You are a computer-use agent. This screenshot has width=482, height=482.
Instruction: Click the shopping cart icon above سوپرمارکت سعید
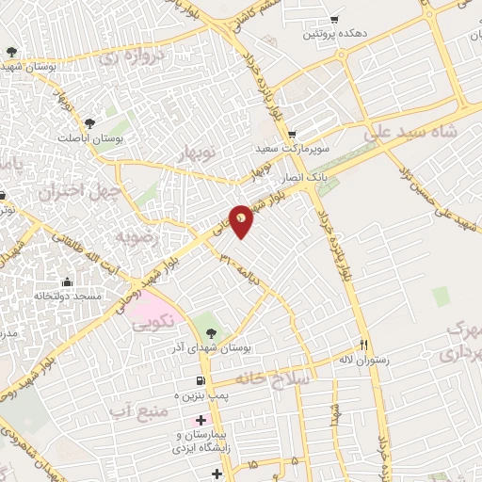pyautogui.click(x=292, y=135)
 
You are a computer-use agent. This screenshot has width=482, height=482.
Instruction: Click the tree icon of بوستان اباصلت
pyautogui.click(x=90, y=123)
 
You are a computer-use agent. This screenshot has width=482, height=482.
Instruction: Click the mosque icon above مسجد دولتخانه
pyautogui.click(x=67, y=281)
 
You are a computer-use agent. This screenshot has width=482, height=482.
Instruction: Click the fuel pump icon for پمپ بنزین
pyautogui.click(x=199, y=381)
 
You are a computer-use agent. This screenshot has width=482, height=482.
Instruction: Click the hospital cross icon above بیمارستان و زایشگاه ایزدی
pyautogui.click(x=199, y=420)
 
